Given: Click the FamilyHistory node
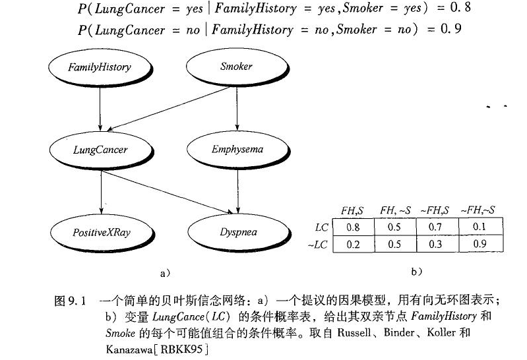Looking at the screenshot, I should click(100, 67).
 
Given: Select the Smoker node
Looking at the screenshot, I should click(235, 66).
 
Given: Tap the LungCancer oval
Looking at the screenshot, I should click(100, 150).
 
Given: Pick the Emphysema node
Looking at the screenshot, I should click(237, 149).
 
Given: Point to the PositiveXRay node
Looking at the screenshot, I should click(102, 232).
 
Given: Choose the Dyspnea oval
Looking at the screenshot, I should click(237, 232).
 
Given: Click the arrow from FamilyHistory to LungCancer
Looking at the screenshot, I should click(100, 108).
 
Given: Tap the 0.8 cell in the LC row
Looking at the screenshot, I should click(353, 227).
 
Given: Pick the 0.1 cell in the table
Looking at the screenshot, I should click(481, 227).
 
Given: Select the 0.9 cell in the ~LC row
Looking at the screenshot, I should click(481, 245).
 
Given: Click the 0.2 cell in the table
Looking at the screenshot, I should click(353, 245).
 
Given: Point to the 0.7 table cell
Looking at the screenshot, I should click(438, 227).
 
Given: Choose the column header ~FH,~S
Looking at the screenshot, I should click(480, 210).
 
